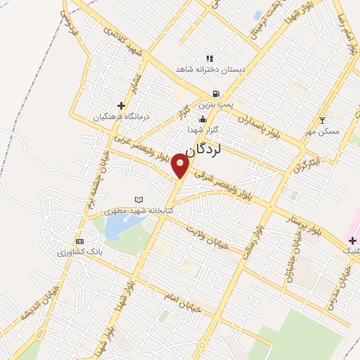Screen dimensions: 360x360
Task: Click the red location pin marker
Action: coord(181,166)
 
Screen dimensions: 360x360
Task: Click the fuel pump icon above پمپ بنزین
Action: coord(215,94)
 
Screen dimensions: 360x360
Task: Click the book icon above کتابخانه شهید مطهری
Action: coord(139,200)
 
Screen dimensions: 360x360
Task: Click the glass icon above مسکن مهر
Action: coord(322,120)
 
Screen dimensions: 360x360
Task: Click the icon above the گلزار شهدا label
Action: coord(203,120)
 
